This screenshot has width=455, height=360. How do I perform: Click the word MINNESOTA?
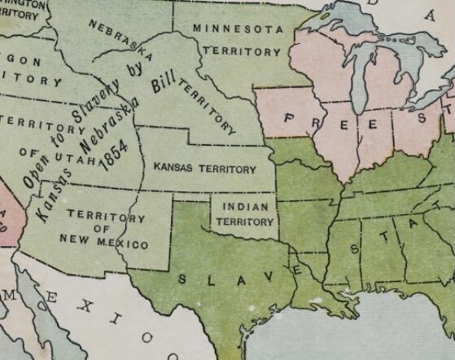click(x=238, y=29)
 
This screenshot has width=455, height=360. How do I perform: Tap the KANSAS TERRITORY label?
click(x=203, y=168)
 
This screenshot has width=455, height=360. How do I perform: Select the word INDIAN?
click(x=244, y=207)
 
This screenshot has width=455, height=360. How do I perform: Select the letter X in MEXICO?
click(x=73, y=309)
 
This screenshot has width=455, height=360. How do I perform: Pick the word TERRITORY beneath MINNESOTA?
click(x=242, y=50)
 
